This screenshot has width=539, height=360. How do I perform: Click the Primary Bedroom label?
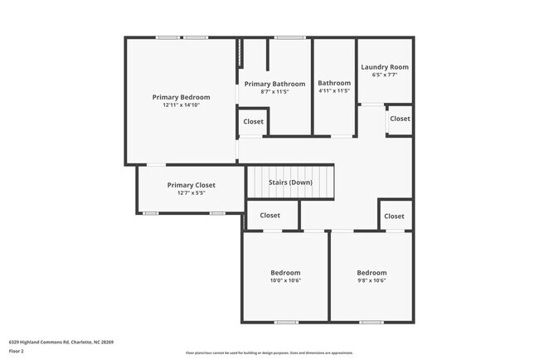(x=181, y=97)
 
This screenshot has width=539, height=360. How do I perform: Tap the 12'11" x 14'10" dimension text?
(x=181, y=105)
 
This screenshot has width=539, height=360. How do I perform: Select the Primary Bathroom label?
(x=274, y=84)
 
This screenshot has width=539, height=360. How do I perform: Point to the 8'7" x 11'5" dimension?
(x=274, y=92)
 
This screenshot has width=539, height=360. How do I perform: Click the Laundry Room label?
(x=384, y=67)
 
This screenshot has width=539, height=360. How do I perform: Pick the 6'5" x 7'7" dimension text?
(x=384, y=75)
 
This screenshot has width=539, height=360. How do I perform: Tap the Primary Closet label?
(x=192, y=185)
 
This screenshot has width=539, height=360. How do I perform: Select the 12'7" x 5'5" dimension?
(x=192, y=193)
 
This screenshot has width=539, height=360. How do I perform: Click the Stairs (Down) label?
(x=289, y=182)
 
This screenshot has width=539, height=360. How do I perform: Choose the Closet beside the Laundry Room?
(x=400, y=119)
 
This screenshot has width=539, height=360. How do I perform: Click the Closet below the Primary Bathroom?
(x=253, y=122)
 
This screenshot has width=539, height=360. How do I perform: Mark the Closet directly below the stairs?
(x=269, y=216)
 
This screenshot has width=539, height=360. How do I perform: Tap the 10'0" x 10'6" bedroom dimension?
(x=285, y=281)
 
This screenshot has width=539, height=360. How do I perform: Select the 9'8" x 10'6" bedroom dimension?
(x=371, y=281)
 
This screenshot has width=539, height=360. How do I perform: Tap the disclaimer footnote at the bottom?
(x=269, y=353)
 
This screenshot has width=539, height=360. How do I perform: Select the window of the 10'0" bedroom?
(x=286, y=322)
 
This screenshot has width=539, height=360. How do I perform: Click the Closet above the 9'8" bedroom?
(x=395, y=216)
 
